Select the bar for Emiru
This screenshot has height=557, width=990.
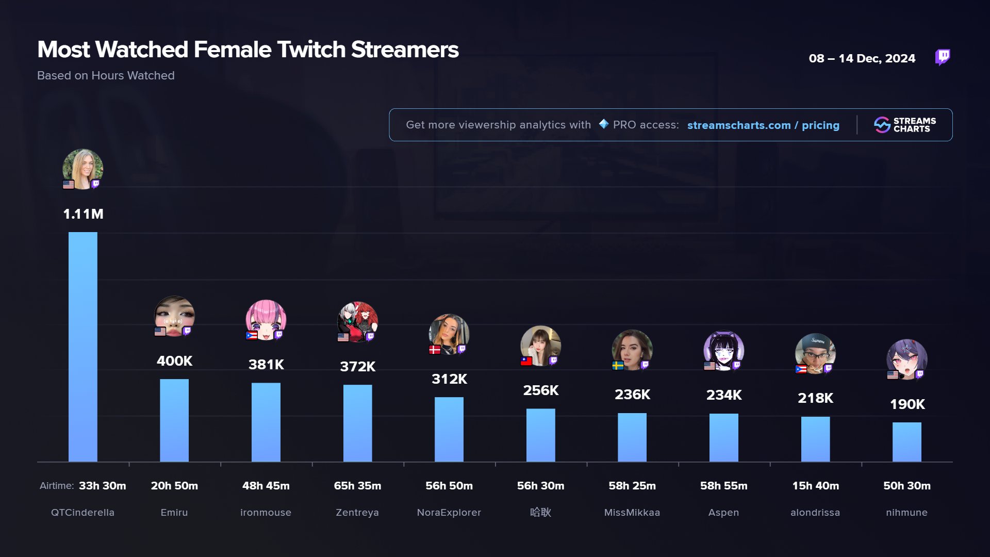coord(174,420)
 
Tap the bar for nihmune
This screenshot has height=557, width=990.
coord(906,441)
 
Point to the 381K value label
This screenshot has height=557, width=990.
coord(266,365)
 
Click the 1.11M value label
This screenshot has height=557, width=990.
coord(83,214)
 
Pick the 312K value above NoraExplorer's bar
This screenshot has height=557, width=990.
coord(449,379)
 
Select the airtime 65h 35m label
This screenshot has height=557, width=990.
coord(357,486)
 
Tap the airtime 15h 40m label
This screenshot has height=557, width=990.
coord(815,486)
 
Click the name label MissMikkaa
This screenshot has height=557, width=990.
coord(632,513)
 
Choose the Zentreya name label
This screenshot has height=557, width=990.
coord(357,513)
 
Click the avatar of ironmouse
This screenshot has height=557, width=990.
coord(266,320)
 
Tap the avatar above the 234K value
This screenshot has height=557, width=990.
coord(723,350)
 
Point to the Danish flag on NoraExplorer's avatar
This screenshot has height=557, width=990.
coord(435,350)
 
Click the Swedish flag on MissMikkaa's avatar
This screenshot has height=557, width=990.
coord(618,366)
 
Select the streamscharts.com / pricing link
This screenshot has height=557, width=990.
coord(763,125)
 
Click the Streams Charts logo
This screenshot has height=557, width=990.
coord(904,125)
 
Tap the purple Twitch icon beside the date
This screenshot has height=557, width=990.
coord(943,57)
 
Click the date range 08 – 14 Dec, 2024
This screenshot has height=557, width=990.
coord(862,59)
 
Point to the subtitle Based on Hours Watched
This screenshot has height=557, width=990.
coord(106,76)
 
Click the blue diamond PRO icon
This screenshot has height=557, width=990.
coord(603,124)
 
